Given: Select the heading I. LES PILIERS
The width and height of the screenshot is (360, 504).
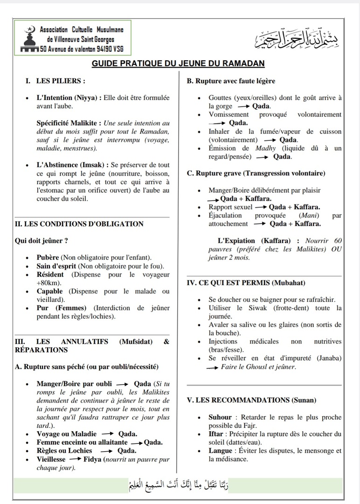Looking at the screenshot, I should coord(55,81).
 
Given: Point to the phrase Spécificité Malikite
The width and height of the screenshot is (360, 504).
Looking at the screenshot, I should coord(69,123).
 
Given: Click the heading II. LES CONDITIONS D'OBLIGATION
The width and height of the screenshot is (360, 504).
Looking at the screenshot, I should coord(80,224).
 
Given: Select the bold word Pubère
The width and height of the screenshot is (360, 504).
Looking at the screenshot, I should coord(48,258).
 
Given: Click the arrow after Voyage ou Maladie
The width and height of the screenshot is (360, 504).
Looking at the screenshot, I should coord(107,434).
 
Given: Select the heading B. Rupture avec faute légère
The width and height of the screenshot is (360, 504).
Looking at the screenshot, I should coord(231,81).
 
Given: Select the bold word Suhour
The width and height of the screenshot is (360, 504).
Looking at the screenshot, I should coord(220,417).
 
